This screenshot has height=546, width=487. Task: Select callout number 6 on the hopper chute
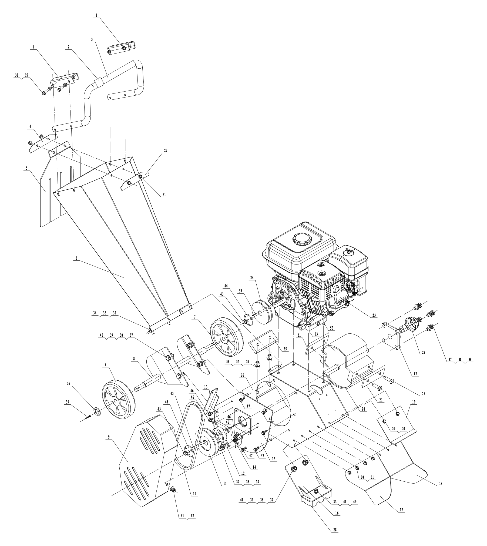point(76,258)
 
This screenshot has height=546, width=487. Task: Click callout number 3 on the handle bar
point(92,39)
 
